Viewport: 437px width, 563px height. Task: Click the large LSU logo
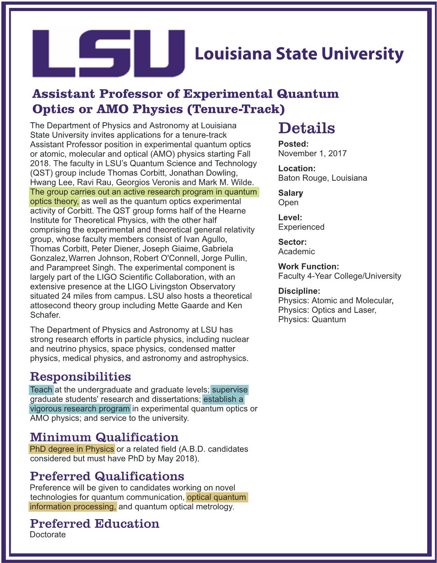(109, 53)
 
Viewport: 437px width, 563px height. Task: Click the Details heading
(307, 128)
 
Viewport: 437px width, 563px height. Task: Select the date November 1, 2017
(312, 153)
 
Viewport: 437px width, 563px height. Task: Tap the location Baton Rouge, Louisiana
(323, 178)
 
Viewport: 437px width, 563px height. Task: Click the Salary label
(291, 193)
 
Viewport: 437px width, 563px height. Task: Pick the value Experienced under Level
(301, 227)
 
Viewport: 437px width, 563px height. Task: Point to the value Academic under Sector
(297, 251)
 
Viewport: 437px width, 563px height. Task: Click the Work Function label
(308, 266)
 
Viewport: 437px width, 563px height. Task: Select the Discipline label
(299, 291)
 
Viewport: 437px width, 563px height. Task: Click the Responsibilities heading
(80, 376)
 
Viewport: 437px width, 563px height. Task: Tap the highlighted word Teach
(41, 389)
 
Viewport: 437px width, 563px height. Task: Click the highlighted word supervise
(230, 389)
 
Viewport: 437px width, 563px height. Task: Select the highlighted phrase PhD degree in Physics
(72, 449)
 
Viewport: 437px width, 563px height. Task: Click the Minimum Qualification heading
(104, 437)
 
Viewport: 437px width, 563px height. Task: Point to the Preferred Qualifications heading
(107, 476)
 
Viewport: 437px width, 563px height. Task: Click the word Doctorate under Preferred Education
(48, 534)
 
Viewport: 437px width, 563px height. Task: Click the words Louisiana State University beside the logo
(299, 54)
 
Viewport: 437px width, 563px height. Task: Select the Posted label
(293, 144)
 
